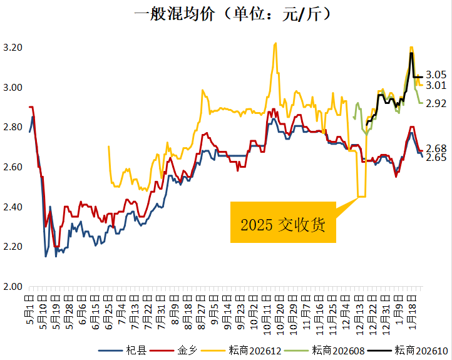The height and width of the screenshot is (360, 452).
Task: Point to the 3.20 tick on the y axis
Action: click(13, 48)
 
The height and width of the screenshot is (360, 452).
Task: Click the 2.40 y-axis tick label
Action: click(13, 207)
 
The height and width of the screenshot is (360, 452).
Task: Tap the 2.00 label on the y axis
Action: click(13, 287)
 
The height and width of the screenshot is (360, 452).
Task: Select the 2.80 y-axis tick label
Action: click(13, 127)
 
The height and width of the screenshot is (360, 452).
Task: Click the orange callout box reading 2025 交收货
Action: click(284, 223)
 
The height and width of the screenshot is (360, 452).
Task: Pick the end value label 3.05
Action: click(436, 74)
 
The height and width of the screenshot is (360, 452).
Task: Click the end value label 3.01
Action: click(436, 86)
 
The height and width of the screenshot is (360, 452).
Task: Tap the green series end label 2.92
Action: click(436, 103)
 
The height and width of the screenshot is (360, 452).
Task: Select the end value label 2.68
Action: click(436, 148)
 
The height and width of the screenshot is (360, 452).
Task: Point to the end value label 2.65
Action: click(436, 158)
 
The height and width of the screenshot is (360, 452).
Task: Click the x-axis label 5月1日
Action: click(29, 307)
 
